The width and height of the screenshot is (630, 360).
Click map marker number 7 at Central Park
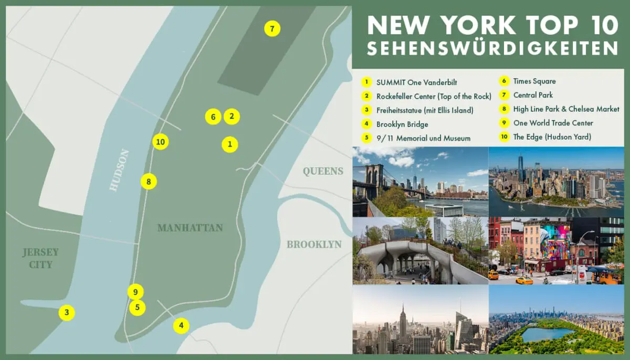pos(272,29)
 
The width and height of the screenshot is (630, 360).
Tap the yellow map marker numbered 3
pos(67,313)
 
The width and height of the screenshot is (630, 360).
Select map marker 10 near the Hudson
pos(161,142)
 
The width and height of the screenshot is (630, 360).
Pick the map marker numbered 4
pos(181,326)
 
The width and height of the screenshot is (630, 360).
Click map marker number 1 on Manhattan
pos(229,144)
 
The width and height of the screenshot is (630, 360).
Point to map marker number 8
pos(149,182)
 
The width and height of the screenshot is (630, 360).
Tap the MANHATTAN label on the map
pos(190,228)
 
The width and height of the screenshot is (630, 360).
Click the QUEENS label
pos(322,171)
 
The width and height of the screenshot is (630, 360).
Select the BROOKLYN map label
pos(314,245)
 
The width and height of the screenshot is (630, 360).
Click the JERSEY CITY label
pos(40,258)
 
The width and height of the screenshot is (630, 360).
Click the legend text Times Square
pos(534,81)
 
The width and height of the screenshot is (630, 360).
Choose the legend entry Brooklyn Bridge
pos(402,124)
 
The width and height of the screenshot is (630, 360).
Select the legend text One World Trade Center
pos(553,123)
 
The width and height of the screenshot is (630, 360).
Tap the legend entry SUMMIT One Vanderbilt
pos(416,82)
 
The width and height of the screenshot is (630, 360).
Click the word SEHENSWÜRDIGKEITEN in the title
pos(492,49)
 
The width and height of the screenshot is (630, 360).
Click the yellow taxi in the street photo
pos(523,280)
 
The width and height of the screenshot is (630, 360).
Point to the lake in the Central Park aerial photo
pos(547,334)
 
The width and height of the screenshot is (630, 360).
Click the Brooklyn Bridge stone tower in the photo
pos(374,176)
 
